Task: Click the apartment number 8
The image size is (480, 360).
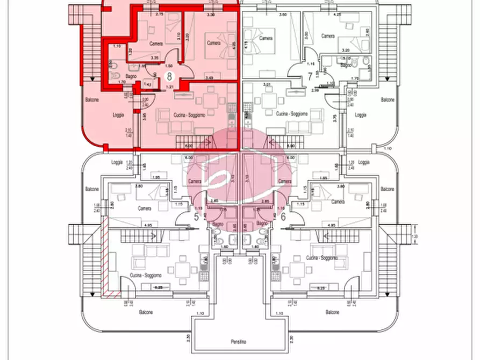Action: click(x=170, y=76)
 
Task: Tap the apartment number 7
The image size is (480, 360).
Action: click(x=310, y=76)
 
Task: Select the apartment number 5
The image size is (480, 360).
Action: click(x=196, y=217)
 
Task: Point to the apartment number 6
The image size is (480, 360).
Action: click(x=283, y=217)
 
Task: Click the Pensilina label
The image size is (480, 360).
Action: click(x=239, y=342)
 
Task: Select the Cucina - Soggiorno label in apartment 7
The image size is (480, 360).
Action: click(x=292, y=113)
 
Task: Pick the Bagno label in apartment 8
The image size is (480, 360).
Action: click(x=131, y=76)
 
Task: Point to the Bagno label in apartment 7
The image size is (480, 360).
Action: click(x=346, y=65)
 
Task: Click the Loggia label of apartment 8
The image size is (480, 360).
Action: click(x=118, y=114)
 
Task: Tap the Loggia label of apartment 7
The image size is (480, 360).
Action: click(x=361, y=114)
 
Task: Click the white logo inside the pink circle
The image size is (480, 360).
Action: click(x=239, y=177)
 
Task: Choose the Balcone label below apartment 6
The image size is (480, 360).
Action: click(x=333, y=312)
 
